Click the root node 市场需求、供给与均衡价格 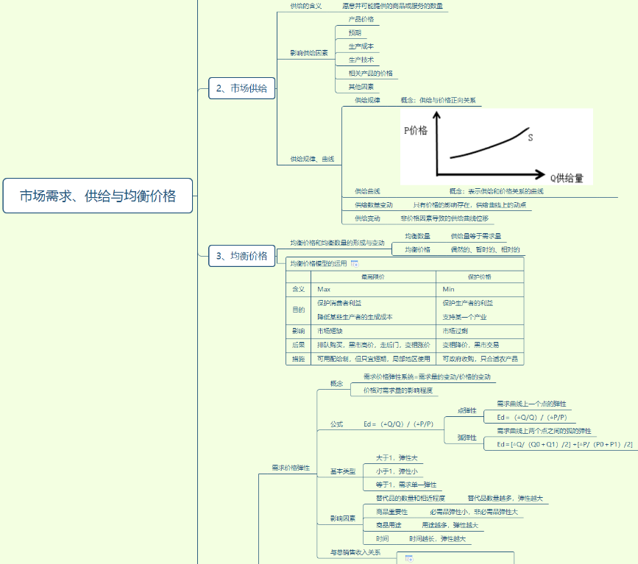pos(98,196)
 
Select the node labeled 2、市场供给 pos(241,88)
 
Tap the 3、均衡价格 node pos(241,256)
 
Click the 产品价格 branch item pos(361,19)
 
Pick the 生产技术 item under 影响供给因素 pos(361,60)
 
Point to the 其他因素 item pos(361,87)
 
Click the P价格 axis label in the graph pos(416,130)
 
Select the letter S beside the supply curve pos(531,136)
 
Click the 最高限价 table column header pos(372,276)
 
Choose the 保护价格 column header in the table pos(479,276)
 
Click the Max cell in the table pos(324,290)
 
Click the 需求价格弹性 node pos(291,467)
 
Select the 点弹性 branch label pos(467,410)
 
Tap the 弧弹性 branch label pos(467,438)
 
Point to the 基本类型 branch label pos(342,471)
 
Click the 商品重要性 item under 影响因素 pos(392,512)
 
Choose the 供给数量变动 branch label pos(374,205)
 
